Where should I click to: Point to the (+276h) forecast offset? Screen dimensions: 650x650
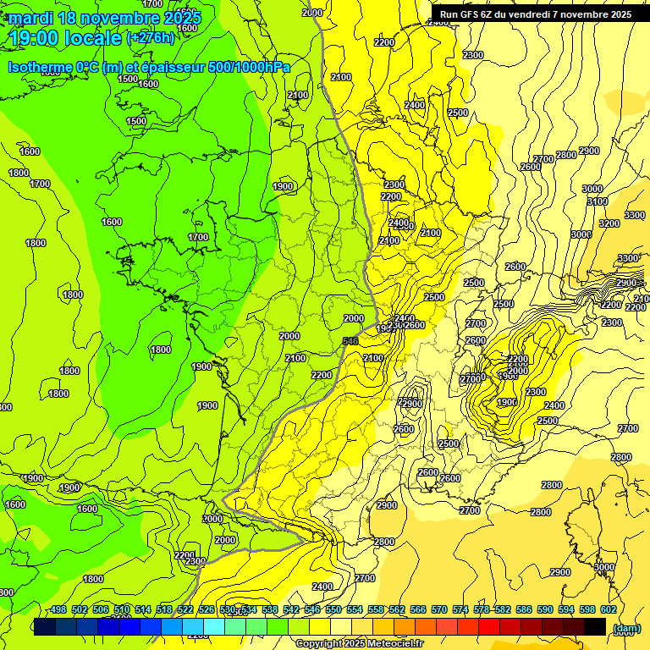pos(150,38)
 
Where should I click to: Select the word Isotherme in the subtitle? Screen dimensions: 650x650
pos(41,67)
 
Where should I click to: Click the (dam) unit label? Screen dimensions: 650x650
pos(626,627)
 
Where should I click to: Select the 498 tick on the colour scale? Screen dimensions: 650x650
pos(58,610)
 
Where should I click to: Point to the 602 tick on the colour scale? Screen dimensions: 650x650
pos(609,610)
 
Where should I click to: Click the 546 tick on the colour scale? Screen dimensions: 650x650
pos(312,610)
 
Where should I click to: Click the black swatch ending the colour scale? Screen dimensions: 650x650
pos(595,626)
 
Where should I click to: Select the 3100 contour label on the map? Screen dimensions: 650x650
pos(598,201)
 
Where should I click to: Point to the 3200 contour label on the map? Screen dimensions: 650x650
pos(609,223)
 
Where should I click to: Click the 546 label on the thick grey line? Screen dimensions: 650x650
pos(350,341)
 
